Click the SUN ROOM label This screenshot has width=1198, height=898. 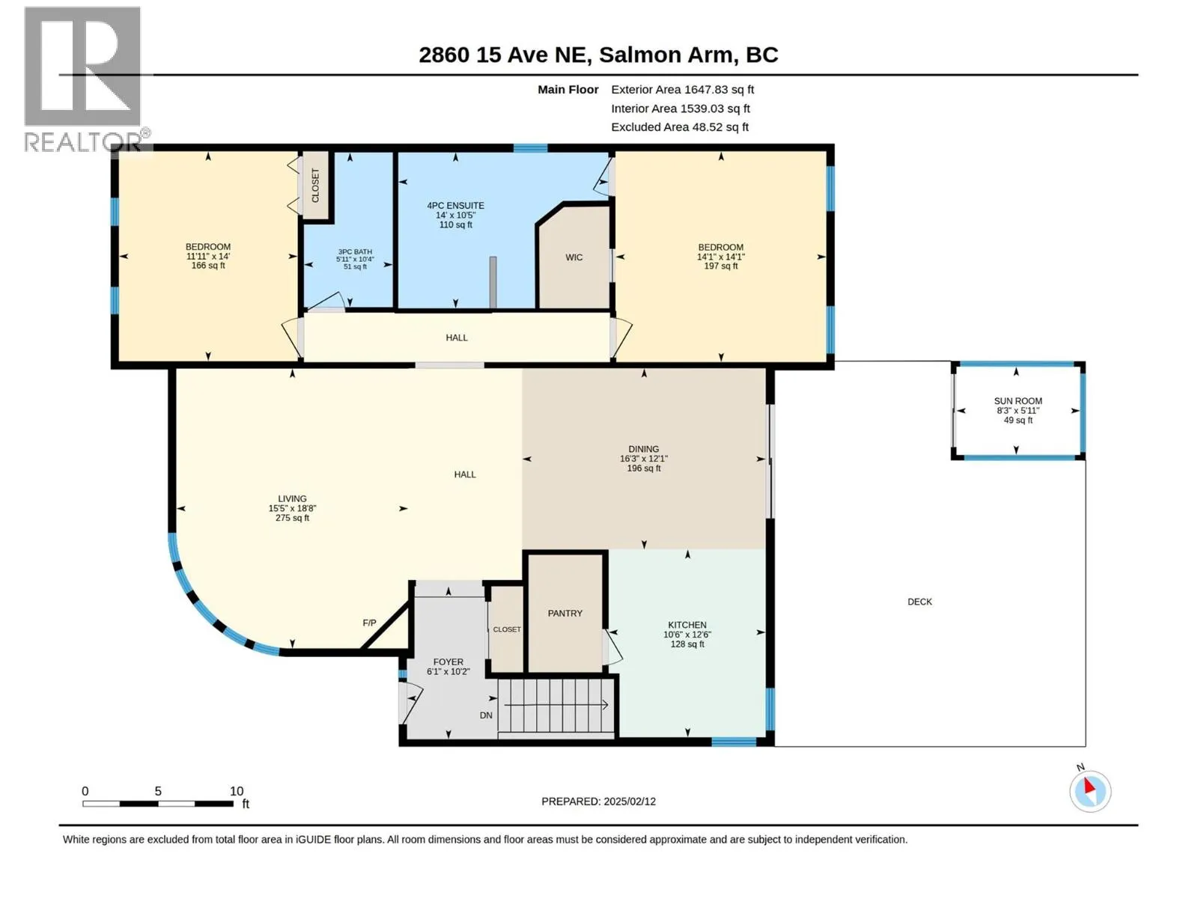1018,401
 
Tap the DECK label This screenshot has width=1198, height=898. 919,602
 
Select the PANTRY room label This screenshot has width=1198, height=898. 565,614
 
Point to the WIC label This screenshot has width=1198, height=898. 574,257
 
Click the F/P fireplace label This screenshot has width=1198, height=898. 369,623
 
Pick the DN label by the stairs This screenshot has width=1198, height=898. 486,715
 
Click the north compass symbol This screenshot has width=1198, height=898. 1090,791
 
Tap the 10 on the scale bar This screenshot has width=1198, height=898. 237,791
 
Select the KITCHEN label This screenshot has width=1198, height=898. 687,625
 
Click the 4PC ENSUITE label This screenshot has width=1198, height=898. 455,206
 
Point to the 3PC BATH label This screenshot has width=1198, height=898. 355,252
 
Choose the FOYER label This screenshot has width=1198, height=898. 448,662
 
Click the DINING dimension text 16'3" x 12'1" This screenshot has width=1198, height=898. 643,459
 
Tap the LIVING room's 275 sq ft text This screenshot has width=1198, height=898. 292,518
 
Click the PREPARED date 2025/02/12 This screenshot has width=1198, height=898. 629,801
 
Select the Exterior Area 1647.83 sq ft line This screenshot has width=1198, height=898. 682,89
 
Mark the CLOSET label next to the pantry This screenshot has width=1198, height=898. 506,629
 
